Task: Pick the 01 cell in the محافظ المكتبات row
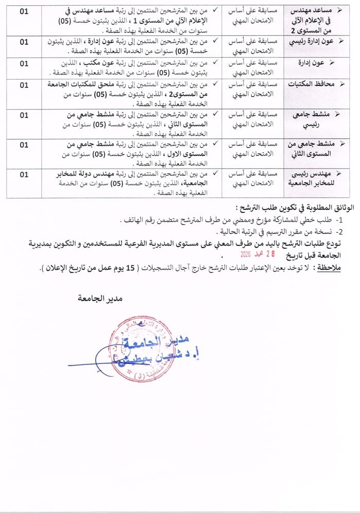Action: click(24, 85)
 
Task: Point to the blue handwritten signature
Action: click(103, 360)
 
